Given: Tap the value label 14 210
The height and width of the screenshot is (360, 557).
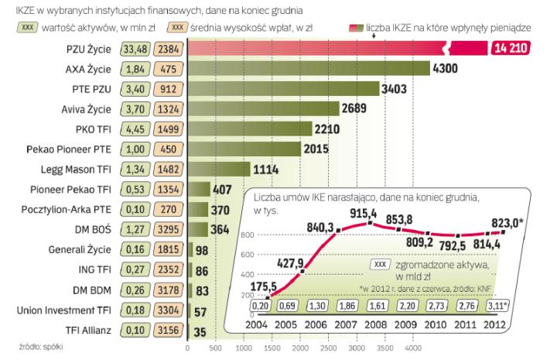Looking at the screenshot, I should (510, 49).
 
